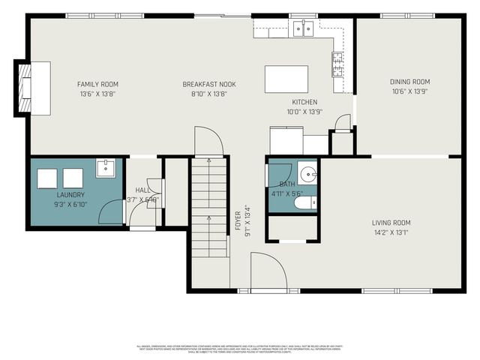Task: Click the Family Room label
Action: tap(98, 84)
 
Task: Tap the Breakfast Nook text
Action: tap(205, 84)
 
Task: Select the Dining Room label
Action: tap(409, 82)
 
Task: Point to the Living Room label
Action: tap(391, 222)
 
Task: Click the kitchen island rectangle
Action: tap(286, 78)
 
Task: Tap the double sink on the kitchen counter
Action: tap(302, 28)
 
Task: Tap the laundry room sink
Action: tap(105, 168)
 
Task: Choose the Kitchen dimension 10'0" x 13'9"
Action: tap(304, 112)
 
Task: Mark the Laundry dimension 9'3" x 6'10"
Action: tap(70, 204)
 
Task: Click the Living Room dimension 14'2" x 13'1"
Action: tap(391, 232)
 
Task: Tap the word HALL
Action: tap(142, 190)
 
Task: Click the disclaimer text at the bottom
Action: tap(240, 349)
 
